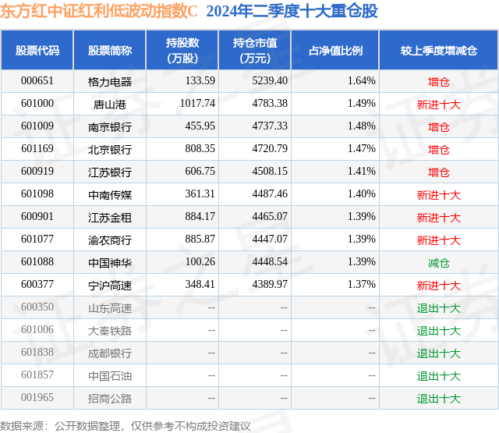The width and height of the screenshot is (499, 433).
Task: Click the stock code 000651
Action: coord(37,81)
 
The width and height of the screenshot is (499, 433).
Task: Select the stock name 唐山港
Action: coord(110,105)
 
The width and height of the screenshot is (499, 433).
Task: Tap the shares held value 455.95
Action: coord(200,126)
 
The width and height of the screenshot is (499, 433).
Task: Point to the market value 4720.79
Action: coord(270,149)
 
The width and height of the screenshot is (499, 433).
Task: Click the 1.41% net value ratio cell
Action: coord(362,172)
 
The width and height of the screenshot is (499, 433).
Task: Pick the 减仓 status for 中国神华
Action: coord(438,263)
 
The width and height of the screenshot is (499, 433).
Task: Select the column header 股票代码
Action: coord(37,50)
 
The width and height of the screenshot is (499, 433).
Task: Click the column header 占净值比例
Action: coord(335,50)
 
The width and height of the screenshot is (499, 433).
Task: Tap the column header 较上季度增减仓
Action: coord(439,50)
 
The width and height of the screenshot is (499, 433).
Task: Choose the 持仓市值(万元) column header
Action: coord(255,50)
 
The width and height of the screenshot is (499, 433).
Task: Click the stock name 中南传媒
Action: coord(110,195)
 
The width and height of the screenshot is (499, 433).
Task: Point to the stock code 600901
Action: coord(37,217)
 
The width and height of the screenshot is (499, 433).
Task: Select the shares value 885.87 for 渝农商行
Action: coord(200,239)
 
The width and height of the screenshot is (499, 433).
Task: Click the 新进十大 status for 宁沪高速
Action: coord(438,286)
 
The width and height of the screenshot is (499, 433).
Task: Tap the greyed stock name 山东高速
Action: coord(110,308)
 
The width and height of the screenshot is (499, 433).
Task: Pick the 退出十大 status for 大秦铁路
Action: coord(438,331)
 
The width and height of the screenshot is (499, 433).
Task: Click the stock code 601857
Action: coord(37,374)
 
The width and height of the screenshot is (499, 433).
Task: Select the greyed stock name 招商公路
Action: coord(110,399)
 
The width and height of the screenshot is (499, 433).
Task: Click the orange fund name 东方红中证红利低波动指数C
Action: coord(99,11)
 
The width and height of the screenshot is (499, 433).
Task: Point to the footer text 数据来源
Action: coord(22,426)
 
